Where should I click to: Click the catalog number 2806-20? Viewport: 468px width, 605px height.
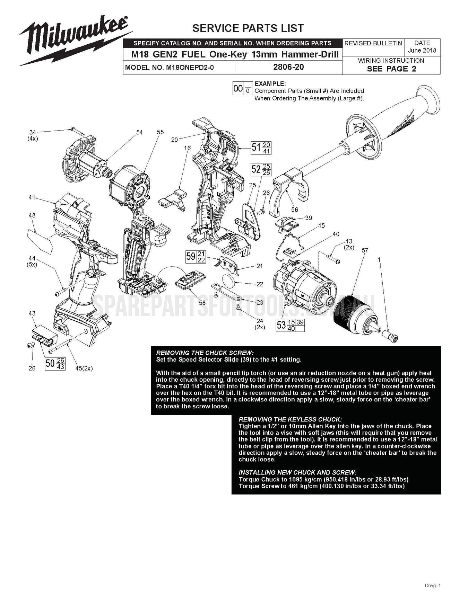[x=288, y=67]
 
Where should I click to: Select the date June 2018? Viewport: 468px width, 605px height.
[x=422, y=51]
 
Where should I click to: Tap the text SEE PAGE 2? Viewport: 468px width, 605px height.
[x=391, y=69]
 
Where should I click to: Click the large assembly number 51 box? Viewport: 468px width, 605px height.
[x=256, y=148]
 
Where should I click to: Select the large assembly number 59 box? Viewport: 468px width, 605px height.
[x=191, y=257]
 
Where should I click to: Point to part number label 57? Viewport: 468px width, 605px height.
[x=365, y=250]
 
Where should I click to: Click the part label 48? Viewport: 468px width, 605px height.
[x=32, y=215]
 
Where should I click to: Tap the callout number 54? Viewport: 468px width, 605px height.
[x=139, y=132]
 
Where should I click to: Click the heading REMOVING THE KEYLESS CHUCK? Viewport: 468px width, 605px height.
[x=290, y=419]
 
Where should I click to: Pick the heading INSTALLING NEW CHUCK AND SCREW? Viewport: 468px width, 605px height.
[x=297, y=472]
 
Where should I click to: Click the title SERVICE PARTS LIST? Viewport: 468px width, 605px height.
[x=248, y=28]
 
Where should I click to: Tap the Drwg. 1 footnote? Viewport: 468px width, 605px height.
[x=432, y=586]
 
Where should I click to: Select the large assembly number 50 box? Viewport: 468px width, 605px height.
[x=50, y=363]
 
